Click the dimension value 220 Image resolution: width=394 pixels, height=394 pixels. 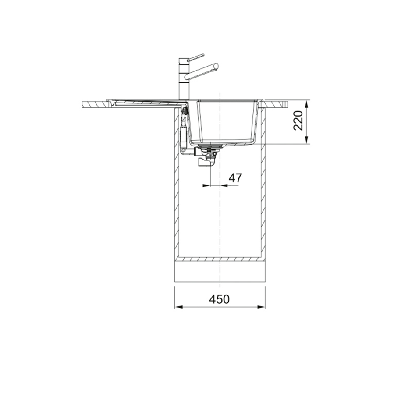(298, 121)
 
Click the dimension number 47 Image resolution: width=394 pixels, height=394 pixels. (235, 177)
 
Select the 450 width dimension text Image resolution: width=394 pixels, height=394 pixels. (219, 299)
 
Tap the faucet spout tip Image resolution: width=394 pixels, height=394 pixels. (215, 66)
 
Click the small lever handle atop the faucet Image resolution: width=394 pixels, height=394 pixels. (195, 57)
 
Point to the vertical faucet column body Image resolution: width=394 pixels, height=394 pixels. (183, 81)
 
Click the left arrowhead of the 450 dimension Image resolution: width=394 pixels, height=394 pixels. (177, 307)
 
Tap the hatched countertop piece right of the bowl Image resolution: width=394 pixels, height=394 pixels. (276, 104)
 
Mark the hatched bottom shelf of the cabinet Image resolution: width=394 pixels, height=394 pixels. (219, 259)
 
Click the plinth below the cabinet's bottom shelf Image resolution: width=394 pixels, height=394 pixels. (219, 272)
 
